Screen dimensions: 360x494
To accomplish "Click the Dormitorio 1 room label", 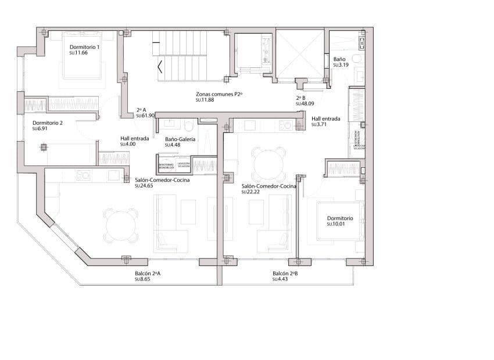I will click(x=84, y=47).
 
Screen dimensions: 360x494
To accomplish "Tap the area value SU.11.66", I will click(x=78, y=53).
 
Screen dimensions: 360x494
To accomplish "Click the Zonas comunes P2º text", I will click(x=219, y=93).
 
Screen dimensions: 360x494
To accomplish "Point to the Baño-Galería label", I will click(x=180, y=139).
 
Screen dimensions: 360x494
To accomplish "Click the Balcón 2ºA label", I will click(x=148, y=273).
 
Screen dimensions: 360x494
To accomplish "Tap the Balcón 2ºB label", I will click(x=285, y=273).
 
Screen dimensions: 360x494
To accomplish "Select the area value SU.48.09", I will click(x=305, y=104).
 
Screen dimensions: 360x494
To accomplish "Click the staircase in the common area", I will click(x=180, y=58).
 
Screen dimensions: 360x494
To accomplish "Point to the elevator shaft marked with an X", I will click(x=299, y=55).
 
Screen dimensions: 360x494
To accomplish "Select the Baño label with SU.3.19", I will click(x=340, y=60).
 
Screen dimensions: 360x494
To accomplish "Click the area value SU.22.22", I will click(x=250, y=192).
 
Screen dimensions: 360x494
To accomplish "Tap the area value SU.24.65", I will click(x=144, y=186).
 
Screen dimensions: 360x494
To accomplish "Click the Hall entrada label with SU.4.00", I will click(x=134, y=139).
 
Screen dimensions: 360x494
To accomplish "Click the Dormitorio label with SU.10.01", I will click(x=339, y=218).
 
